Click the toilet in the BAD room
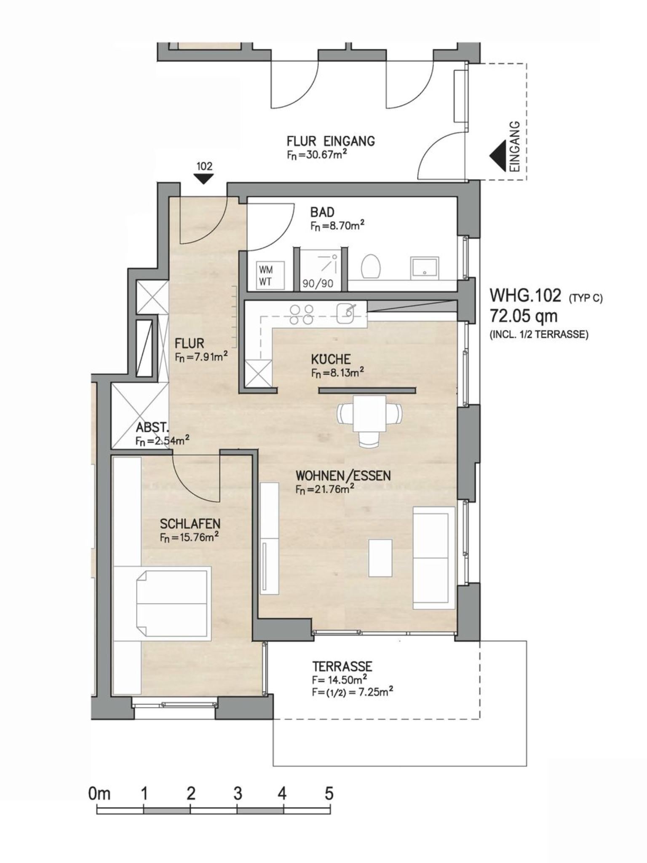(x=371, y=266)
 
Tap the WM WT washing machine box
(x=270, y=276)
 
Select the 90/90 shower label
(x=318, y=284)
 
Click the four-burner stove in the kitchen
(x=302, y=314)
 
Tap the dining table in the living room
(x=370, y=413)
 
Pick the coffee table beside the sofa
(x=380, y=558)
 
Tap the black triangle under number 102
(x=204, y=180)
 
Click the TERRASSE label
(x=342, y=667)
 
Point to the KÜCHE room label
(x=331, y=359)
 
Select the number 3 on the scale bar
(x=238, y=794)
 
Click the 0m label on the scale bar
(x=99, y=794)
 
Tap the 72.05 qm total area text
(x=524, y=316)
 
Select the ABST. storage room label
(x=152, y=427)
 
